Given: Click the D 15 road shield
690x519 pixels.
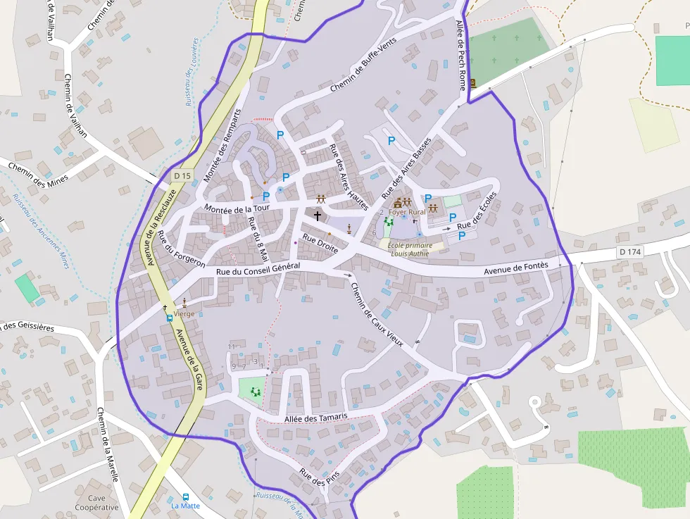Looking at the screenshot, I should coord(182,175).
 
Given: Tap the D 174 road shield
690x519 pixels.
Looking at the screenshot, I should coord(631,251).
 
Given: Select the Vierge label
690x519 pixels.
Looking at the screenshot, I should coord(184,313).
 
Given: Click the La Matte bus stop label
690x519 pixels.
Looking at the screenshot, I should coord(186,506).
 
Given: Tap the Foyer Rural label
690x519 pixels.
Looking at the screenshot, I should coord(407,212).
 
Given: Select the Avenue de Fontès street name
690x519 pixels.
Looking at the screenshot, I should coord(517,268).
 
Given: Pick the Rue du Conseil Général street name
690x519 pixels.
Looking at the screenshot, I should coord(258,269).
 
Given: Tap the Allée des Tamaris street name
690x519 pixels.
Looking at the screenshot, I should coord(316,418).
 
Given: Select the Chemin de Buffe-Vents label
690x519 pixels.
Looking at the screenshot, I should coord(363,65).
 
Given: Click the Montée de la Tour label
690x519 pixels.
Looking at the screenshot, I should coord(237,208).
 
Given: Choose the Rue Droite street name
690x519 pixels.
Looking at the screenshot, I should coord(320,243).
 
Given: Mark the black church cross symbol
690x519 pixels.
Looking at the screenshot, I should coord(318,215).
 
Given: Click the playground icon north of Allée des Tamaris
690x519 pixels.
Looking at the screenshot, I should coord(255,391).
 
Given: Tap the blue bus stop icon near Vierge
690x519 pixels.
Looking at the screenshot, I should coord(170,318).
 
